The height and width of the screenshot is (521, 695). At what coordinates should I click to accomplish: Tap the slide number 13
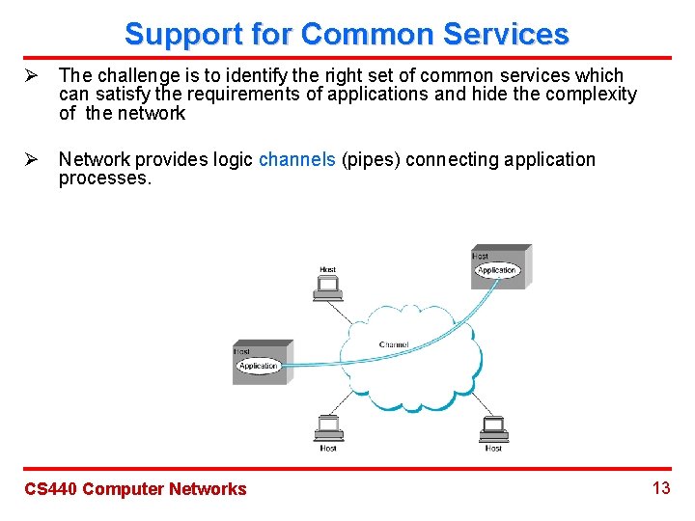661,488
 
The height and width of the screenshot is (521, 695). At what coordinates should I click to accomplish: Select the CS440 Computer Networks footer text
135,489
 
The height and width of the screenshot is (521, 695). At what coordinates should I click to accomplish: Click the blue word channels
297,159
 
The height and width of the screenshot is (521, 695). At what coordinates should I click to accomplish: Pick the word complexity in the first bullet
592,94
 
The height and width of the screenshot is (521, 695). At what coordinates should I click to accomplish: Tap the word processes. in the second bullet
105,178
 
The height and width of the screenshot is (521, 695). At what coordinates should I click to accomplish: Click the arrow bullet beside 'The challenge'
30,75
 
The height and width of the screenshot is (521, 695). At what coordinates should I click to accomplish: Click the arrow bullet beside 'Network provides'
30,159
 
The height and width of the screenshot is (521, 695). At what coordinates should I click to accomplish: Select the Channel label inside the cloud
394,344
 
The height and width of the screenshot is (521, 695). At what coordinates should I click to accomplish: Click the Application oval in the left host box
258,366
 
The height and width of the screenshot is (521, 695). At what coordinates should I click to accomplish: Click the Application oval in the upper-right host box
497,270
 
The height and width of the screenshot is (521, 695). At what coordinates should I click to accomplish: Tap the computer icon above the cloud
328,288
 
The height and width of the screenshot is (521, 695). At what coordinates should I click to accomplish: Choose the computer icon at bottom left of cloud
328,427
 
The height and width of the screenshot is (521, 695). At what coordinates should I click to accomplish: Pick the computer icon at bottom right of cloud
493,427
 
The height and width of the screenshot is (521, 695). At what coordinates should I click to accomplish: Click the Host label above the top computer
328,270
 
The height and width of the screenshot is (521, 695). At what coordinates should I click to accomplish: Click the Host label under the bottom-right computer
493,448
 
